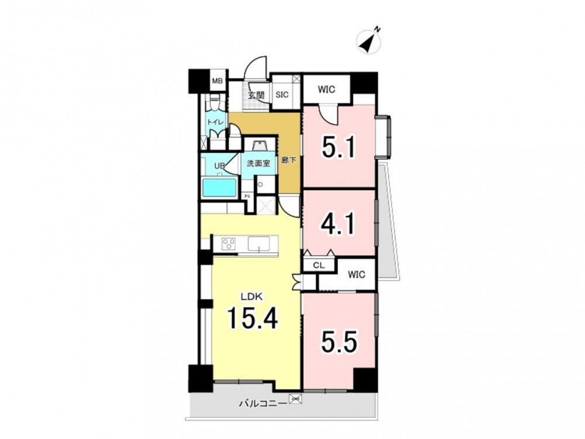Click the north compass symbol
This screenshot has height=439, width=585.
pyautogui.click(x=369, y=40)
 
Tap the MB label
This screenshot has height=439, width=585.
pyautogui.click(x=217, y=81)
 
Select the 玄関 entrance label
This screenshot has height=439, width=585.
pyautogui.click(x=256, y=95)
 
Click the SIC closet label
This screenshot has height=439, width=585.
pyautogui.click(x=282, y=95)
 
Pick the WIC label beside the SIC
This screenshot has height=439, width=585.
pyautogui.click(x=326, y=90)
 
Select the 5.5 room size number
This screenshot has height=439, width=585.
pyautogui.click(x=339, y=342)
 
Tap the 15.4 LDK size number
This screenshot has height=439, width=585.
pyautogui.click(x=253, y=318)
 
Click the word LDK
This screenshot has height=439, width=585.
pyautogui.click(x=252, y=297)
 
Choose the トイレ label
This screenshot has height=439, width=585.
pyautogui.click(x=216, y=122)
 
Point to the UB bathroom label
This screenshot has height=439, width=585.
pyautogui.click(x=219, y=166)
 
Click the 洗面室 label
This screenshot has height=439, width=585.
pyautogui.click(x=259, y=163)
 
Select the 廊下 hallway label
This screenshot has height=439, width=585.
pyautogui.click(x=289, y=160)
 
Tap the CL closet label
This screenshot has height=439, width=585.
pyautogui.click(x=319, y=266)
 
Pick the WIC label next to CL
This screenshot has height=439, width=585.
pyautogui.click(x=356, y=275)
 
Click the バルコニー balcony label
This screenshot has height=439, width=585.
pyautogui.click(x=263, y=403)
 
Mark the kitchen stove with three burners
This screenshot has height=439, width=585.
pyautogui.click(x=228, y=244)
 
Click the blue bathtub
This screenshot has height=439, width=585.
pyautogui.click(x=219, y=188)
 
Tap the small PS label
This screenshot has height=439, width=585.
pyautogui.click(x=247, y=196)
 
